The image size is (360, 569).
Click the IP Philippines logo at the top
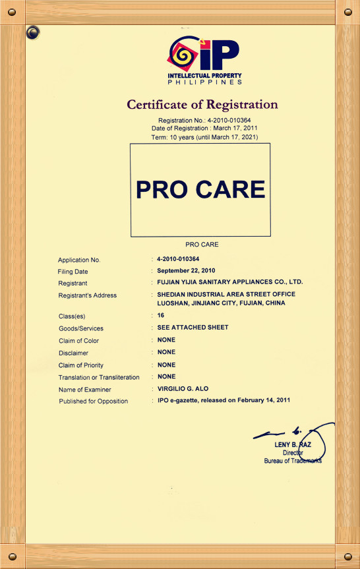tap(203, 61)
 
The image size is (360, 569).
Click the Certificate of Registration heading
tap(202, 104)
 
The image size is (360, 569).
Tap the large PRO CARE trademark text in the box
tap(200, 189)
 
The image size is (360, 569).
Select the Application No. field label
tap(79, 260)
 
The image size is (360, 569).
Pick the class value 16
tap(161, 316)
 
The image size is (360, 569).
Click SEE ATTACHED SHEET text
tap(193, 328)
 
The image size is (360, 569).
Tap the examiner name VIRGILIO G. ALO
tap(187, 389)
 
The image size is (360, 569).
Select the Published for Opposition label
tap(94, 401)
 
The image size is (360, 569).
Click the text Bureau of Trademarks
tap(293, 461)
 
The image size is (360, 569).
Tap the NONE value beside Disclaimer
tap(166, 352)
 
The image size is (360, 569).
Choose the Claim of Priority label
tap(81, 365)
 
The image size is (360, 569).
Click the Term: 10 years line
tap(204, 136)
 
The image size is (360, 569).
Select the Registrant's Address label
tap(88, 295)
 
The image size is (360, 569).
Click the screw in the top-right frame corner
tap(347, 12)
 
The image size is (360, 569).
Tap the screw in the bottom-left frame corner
tap(13, 556)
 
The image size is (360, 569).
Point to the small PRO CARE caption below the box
tap(202, 245)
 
